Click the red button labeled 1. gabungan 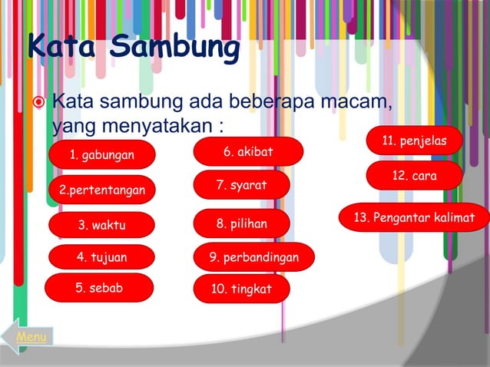[101, 156]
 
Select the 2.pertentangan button [101, 190]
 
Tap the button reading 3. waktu [101, 225]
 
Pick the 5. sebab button [99, 288]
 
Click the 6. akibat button [248, 151]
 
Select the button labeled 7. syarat [241, 185]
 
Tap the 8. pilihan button [241, 224]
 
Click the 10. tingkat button [241, 289]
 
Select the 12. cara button [414, 176]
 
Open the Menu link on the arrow [31, 337]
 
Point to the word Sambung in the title [174, 48]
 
